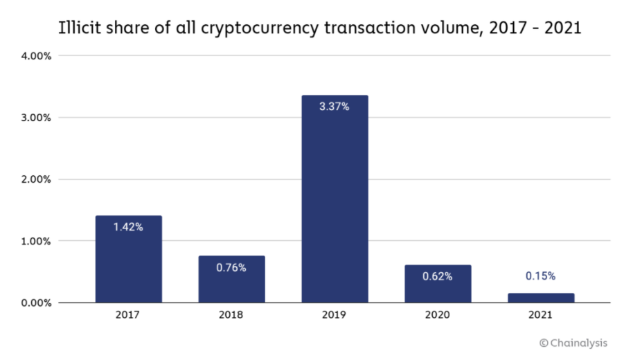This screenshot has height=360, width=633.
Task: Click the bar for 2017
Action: [x=129, y=260]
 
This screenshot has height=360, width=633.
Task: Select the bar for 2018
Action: [x=231, y=280]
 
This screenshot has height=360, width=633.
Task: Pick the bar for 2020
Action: [x=438, y=284]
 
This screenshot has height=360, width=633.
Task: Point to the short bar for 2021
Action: [x=540, y=298]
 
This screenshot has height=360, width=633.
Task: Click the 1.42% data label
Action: [x=129, y=227]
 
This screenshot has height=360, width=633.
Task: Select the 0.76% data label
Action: [x=231, y=268]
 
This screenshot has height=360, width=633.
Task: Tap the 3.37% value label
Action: [x=335, y=107]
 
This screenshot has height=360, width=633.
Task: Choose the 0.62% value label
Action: [x=438, y=276]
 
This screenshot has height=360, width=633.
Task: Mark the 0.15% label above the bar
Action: [x=540, y=276]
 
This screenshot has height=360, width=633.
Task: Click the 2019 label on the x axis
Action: [x=335, y=316]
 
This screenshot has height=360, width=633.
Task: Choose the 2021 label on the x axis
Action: [x=540, y=316]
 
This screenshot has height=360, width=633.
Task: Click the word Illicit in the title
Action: [x=80, y=28]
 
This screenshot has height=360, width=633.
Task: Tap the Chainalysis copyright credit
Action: [x=578, y=343]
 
